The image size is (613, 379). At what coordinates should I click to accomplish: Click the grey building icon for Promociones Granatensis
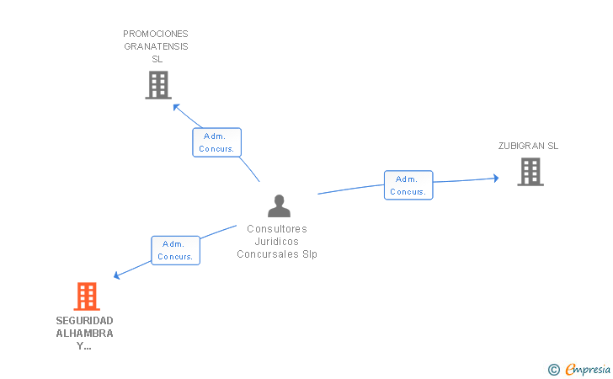pos(157,85)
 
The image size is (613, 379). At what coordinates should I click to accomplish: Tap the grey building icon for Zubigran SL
pos(530,172)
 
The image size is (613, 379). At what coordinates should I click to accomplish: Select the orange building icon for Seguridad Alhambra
pos(87,296)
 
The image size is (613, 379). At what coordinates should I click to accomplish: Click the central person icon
pos(279,206)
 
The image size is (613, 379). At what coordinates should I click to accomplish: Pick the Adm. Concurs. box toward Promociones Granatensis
pos(217,142)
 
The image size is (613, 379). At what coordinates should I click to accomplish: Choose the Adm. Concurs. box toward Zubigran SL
pos(408,185)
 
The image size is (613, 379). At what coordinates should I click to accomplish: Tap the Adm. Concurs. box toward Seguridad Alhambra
pos(176,250)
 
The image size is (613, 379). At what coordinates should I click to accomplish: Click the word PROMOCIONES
pos(156,35)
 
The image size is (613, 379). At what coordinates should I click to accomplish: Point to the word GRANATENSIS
pos(156,47)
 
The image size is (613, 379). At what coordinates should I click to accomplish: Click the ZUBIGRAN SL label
pos(528,146)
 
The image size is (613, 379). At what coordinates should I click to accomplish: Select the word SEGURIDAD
pos(84,321)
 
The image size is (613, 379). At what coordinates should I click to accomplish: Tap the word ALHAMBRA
pos(84,334)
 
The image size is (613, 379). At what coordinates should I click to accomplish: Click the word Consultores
pos(277,228)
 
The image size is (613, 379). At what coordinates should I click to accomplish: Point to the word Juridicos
pos(277,241)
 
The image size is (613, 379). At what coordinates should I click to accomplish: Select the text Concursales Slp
pos(277,254)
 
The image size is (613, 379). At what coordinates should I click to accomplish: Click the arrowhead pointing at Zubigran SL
pos(495,178)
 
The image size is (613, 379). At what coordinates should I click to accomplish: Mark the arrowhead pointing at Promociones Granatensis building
pos(175,106)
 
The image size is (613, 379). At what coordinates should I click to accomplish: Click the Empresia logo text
pos(588,368)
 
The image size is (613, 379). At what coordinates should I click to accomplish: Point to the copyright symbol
pos(553,369)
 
